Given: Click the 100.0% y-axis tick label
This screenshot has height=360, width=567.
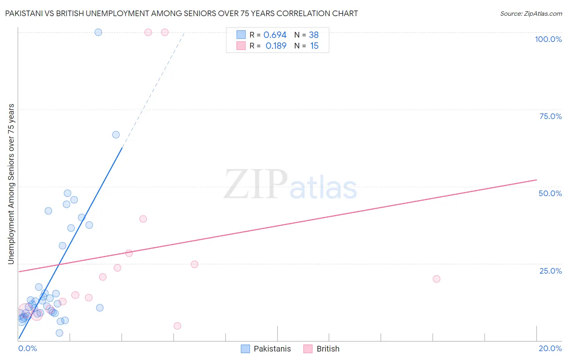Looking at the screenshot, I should pos(548,39).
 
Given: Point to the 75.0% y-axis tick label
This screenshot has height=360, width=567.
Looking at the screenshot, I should pos(550,116).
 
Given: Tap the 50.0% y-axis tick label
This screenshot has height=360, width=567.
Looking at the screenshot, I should pos(550,193).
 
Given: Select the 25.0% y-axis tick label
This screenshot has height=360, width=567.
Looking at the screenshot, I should pos(550,270).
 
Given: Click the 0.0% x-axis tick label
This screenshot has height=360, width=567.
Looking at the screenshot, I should pos(27,348).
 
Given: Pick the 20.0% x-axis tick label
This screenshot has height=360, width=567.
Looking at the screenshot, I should pos(550,348).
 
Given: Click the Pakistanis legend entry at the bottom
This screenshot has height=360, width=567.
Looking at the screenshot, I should pos(272,349).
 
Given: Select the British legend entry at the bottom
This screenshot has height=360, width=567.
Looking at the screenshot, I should pos(327,349).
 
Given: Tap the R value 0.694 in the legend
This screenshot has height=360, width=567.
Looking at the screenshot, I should pos(275,35).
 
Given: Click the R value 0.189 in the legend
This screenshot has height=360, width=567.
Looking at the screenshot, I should pos(276,46).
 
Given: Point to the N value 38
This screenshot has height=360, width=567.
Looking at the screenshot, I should pos(314,35).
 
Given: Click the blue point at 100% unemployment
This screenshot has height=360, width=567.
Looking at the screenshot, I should pos(98,32).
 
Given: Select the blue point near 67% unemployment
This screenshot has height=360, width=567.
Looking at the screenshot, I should pos(116,135).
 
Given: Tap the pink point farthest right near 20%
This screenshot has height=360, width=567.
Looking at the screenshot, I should pos(436,279).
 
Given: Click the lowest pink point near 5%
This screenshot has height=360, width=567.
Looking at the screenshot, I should pos(177,326).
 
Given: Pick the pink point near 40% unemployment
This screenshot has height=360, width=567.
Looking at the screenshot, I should pos(143,219).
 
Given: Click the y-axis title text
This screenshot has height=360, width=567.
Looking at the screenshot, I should pos(11,184).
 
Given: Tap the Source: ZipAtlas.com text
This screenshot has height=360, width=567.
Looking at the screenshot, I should pos(531,13).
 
